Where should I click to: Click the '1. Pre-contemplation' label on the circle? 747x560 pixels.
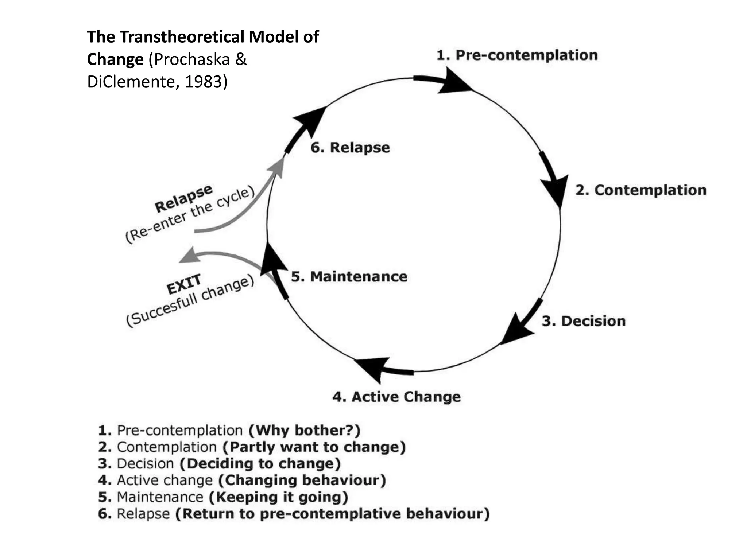(x=517, y=55)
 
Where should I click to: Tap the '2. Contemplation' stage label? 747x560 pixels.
(x=641, y=190)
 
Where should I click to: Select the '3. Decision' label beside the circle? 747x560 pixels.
(x=584, y=321)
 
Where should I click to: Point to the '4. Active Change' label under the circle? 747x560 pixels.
(x=396, y=397)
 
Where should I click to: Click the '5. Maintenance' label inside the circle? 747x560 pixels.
(x=349, y=277)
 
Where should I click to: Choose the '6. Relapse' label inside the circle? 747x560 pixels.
(x=350, y=148)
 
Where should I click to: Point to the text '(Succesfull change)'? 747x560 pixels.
(x=190, y=302)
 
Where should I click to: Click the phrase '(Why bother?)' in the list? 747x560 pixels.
(x=304, y=430)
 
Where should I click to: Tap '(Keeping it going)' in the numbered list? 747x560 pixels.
(x=279, y=497)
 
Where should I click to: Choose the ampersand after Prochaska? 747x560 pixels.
(x=241, y=59)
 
